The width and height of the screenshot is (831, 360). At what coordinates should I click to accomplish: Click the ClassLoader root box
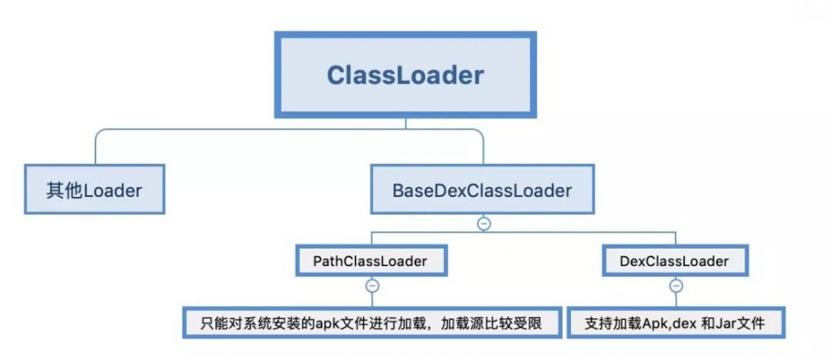pyautogui.click(x=405, y=75)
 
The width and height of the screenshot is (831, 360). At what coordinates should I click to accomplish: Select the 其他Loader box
pyautogui.click(x=93, y=190)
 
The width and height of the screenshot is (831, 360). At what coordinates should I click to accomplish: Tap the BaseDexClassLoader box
pyautogui.click(x=482, y=190)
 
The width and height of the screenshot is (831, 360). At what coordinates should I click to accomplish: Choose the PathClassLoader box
pyautogui.click(x=371, y=261)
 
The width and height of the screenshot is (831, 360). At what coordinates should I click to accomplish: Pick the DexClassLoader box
pyautogui.click(x=675, y=261)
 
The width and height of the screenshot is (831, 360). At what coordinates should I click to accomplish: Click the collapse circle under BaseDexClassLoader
pyautogui.click(x=483, y=224)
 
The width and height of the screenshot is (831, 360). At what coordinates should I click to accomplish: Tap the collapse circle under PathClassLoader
pyautogui.click(x=371, y=285)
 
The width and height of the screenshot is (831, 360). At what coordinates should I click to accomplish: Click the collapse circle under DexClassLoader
pyautogui.click(x=675, y=285)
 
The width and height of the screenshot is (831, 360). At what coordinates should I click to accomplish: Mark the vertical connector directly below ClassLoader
pyautogui.click(x=405, y=122)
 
